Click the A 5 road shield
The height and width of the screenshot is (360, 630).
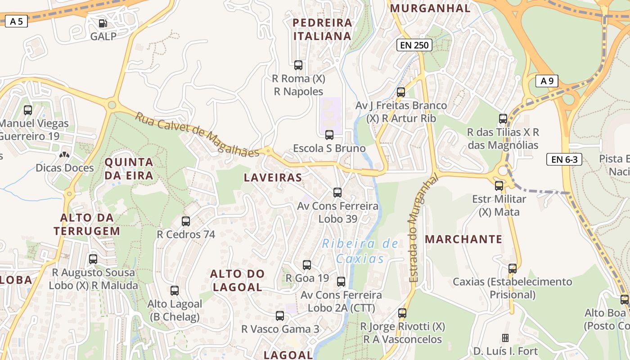[16, 21]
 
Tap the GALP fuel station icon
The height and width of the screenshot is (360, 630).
[103, 23]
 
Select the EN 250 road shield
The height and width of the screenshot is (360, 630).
[414, 45]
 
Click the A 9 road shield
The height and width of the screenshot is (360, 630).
[547, 81]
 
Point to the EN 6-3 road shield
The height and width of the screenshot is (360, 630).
[564, 159]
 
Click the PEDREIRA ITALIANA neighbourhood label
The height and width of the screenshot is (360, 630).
[322, 29]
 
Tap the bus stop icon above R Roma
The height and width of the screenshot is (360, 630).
[298, 65]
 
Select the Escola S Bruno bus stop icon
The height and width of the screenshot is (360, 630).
[329, 135]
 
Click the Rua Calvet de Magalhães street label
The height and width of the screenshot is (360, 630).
[198, 134]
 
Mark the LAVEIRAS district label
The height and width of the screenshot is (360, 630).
[273, 177]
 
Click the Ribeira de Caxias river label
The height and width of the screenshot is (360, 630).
[360, 251]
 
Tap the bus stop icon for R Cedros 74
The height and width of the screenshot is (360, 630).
[186, 221]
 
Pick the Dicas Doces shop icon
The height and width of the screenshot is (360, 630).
[65, 155]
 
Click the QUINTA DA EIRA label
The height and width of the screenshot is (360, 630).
[129, 169]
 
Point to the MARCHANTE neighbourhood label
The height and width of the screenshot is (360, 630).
[463, 239]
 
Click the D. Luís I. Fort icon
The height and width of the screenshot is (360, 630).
[505, 337]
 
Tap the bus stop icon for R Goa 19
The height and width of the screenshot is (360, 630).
[307, 265]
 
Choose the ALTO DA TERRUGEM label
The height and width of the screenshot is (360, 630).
[87, 224]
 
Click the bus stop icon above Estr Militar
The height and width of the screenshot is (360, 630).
[499, 185]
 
